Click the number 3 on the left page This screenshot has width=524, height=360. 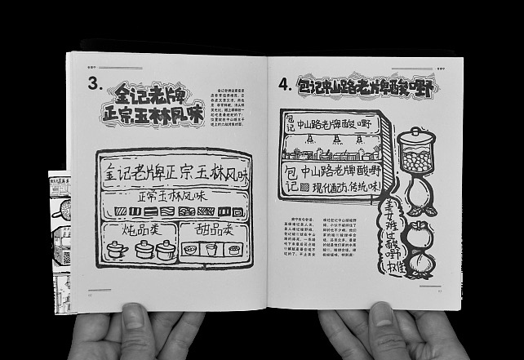pos(95,83)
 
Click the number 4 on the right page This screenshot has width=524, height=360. pos(284,84)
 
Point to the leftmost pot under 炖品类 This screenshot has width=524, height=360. pos(117,250)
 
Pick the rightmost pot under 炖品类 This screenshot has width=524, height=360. pos(166,250)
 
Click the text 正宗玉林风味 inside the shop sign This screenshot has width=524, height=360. pos(172,197)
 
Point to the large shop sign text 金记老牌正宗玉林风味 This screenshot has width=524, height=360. pos(176,173)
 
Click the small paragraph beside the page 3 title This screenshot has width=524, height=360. pos(235,109)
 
